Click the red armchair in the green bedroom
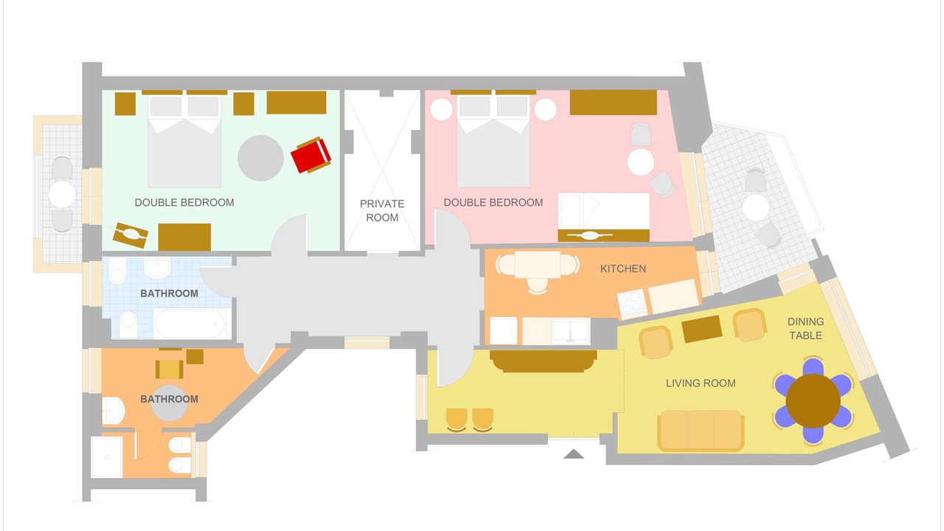(x=311, y=155)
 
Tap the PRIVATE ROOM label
(x=382, y=210)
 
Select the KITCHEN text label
(x=623, y=268)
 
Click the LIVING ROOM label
(x=701, y=383)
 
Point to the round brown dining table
(x=813, y=400)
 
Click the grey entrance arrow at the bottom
(x=574, y=454)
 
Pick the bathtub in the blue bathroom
(x=190, y=323)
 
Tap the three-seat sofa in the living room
(x=701, y=431)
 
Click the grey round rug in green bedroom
(x=260, y=158)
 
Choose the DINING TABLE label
(x=805, y=328)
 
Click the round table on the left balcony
(x=62, y=194)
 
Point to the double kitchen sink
(x=571, y=330)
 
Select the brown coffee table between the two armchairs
(x=701, y=329)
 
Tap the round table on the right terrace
(x=755, y=207)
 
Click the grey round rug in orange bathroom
(x=169, y=403)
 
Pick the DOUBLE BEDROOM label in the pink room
(x=493, y=202)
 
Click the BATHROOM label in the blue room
(x=169, y=294)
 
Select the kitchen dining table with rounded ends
(x=538, y=265)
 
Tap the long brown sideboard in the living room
(x=544, y=361)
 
